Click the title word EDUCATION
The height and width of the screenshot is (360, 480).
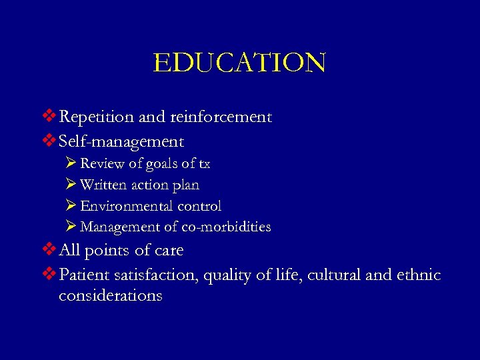239,63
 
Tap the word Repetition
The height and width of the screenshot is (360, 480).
96,117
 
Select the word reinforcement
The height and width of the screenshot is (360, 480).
221,117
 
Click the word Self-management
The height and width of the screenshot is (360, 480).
121,141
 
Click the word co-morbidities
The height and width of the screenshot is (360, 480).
231,227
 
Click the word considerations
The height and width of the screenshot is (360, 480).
110,295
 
